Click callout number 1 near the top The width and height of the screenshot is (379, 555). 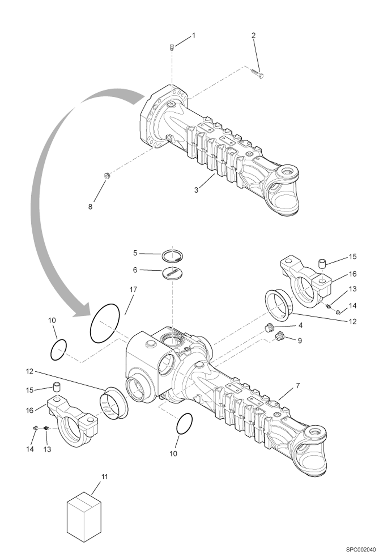pyautogui.click(x=194, y=36)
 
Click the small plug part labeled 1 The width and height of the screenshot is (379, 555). pyautogui.click(x=172, y=47)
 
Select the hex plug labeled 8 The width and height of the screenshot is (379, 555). pyautogui.click(x=107, y=175)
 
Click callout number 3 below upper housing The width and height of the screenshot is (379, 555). pyautogui.click(x=196, y=190)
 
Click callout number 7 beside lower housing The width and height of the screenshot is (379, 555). pyautogui.click(x=298, y=386)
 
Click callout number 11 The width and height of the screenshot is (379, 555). pyautogui.click(x=104, y=477)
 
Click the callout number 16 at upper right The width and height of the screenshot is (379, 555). pyautogui.click(x=353, y=274)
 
